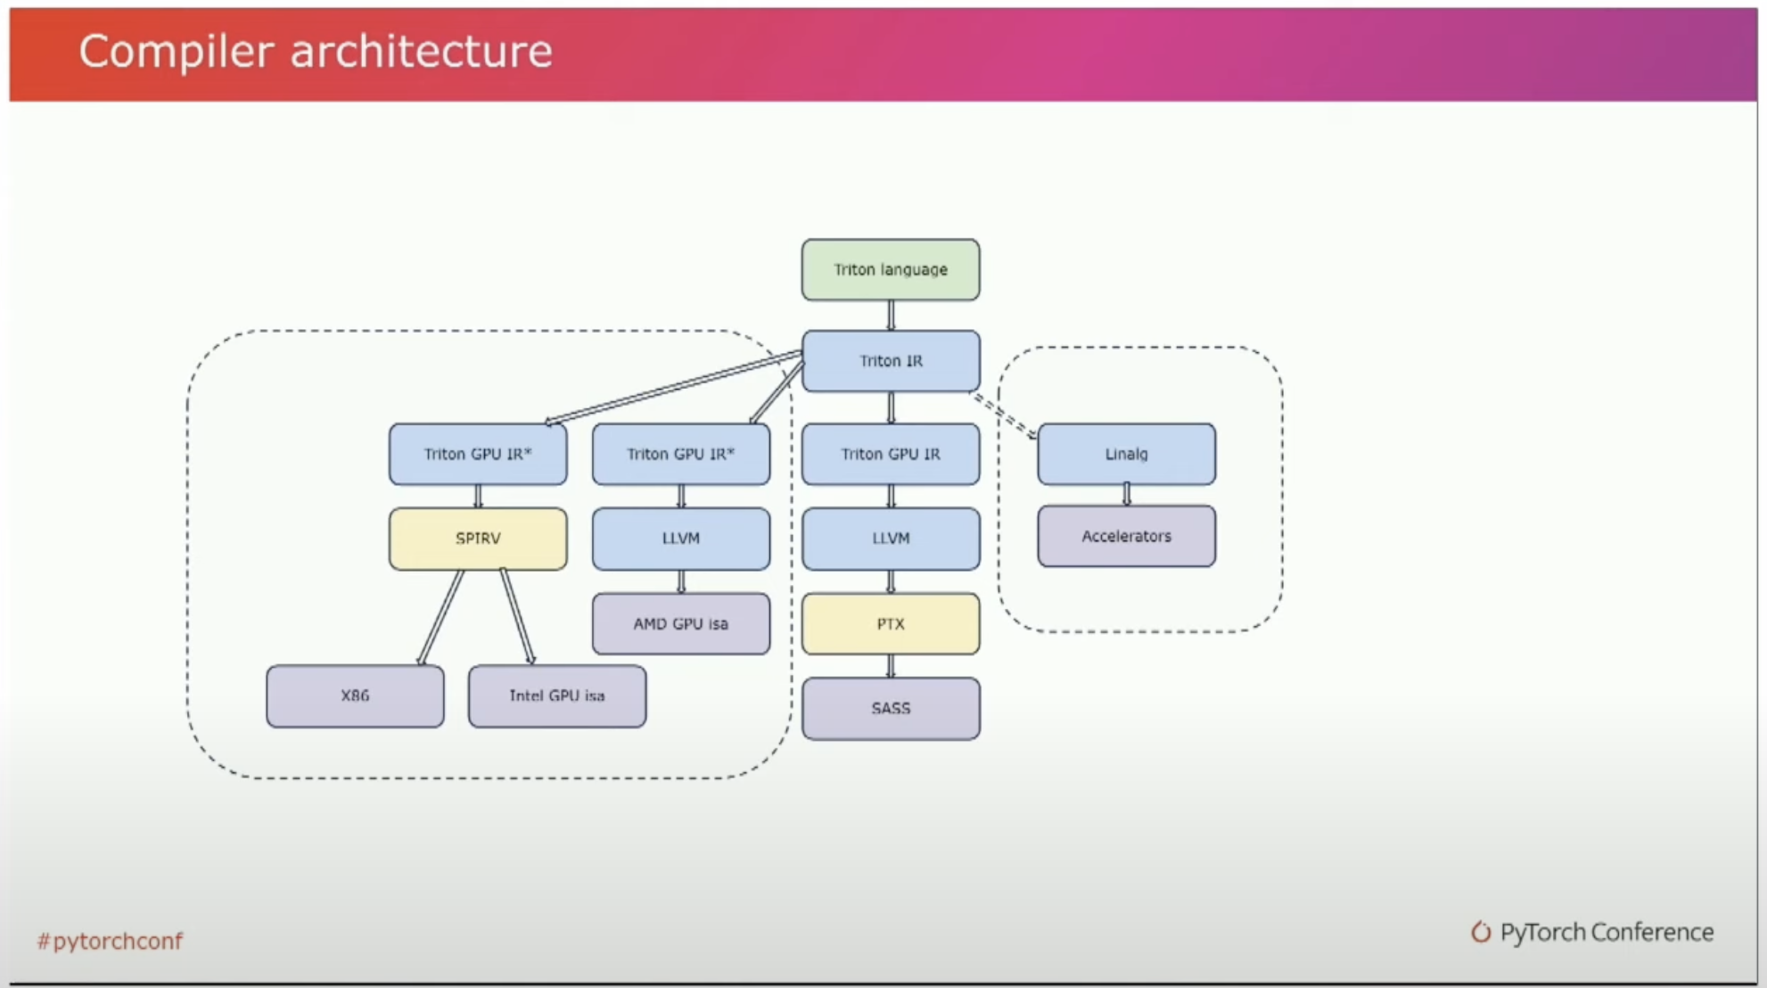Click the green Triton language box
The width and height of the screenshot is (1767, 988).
(891, 269)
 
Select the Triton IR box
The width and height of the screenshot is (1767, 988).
(891, 361)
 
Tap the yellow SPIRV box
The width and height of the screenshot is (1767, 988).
(478, 539)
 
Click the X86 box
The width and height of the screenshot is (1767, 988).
(355, 696)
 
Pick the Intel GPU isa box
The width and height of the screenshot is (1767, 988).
(557, 696)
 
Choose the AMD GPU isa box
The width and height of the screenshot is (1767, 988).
(681, 623)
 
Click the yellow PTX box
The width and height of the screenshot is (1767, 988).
(891, 623)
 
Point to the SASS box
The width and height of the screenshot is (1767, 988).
(891, 708)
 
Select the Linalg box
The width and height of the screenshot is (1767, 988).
(1126, 454)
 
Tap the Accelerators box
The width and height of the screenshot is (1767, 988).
(1126, 536)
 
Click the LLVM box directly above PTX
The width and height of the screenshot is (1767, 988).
(891, 539)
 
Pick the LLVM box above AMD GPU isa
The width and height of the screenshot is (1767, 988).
(681, 539)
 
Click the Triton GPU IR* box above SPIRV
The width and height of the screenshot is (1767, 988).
(478, 454)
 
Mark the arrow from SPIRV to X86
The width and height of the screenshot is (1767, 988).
(440, 618)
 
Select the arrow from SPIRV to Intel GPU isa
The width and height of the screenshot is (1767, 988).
(518, 618)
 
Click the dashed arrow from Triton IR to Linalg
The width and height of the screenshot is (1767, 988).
(1004, 416)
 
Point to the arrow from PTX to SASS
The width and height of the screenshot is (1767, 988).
(891, 666)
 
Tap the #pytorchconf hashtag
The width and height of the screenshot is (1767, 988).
(110, 941)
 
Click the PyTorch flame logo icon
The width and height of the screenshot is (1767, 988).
(1481, 932)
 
